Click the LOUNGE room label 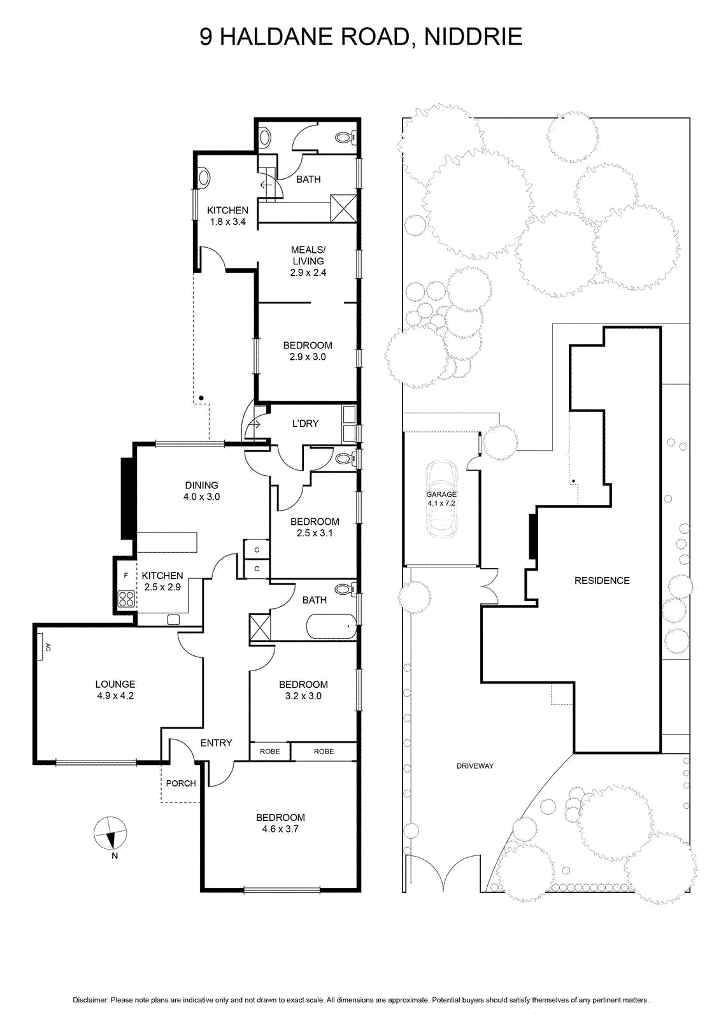115,684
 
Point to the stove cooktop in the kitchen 127,599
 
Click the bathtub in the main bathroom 332,627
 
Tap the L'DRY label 305,423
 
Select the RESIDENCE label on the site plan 602,580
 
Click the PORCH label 181,783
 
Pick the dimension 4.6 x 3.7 280,829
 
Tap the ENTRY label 216,743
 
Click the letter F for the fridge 126,576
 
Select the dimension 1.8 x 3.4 227,222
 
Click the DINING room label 201,485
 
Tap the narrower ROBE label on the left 270,752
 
